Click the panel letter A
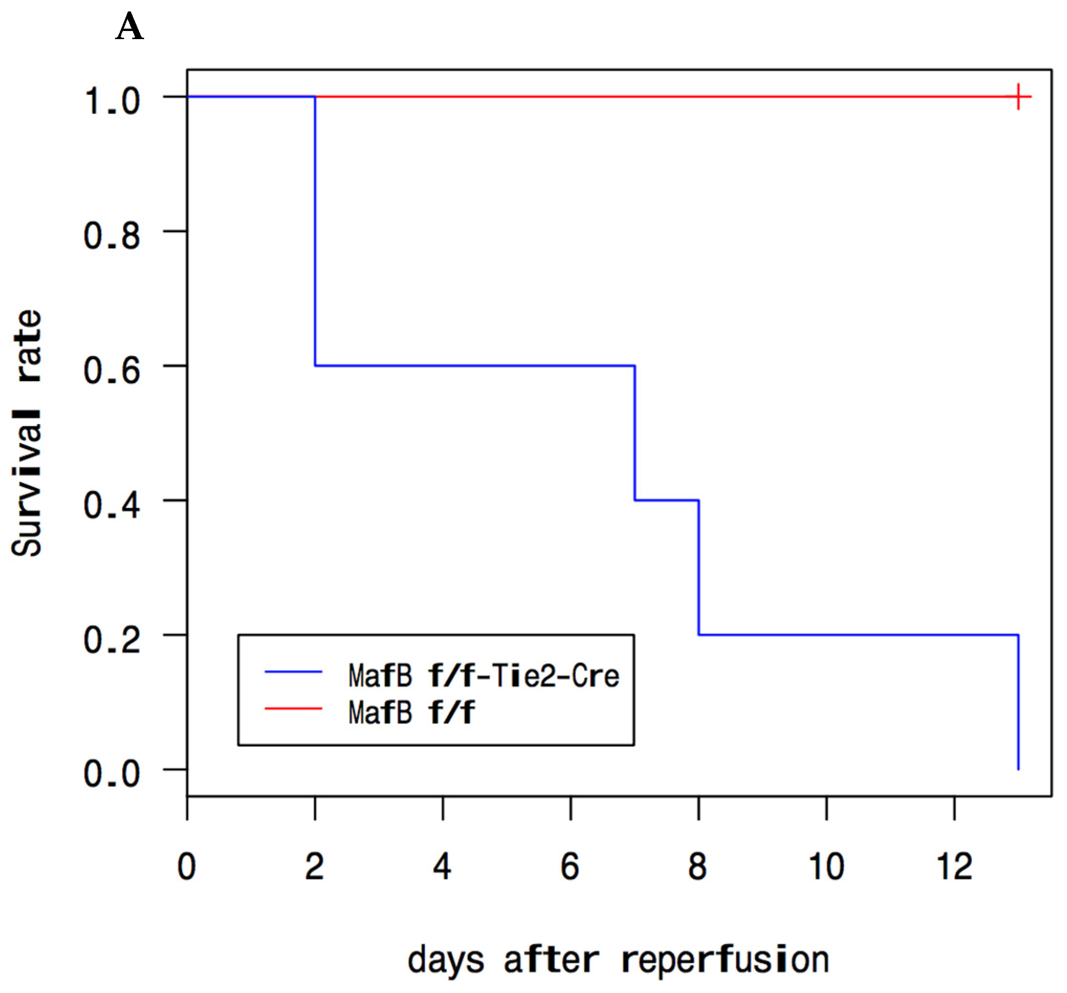129,27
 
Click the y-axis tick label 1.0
112,100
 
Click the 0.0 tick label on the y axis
112,774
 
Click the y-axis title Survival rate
27,433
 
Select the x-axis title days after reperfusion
618,960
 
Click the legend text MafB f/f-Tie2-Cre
483,675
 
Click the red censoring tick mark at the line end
1018,97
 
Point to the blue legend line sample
293,672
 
